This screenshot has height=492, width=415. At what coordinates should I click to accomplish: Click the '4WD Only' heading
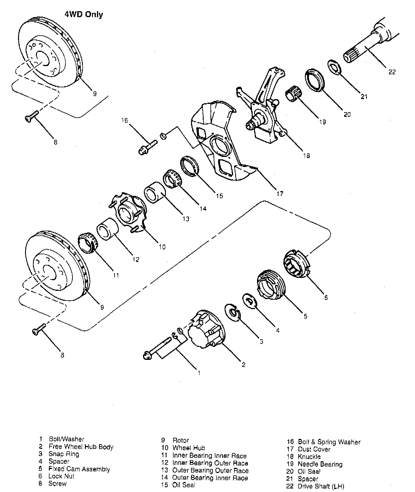click(x=84, y=14)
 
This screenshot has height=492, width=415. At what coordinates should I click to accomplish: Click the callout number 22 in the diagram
click(x=392, y=72)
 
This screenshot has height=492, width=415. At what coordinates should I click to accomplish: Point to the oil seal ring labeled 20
click(x=314, y=80)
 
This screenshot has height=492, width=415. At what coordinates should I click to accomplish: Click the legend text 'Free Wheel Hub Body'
click(x=81, y=447)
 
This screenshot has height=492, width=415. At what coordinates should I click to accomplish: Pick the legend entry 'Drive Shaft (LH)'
click(x=321, y=486)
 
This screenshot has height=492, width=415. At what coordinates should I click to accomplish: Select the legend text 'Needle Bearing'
click(x=320, y=464)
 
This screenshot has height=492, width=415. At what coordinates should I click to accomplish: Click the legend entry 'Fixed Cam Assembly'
click(x=79, y=469)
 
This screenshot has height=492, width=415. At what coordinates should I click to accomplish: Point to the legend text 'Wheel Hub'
click(x=189, y=448)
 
